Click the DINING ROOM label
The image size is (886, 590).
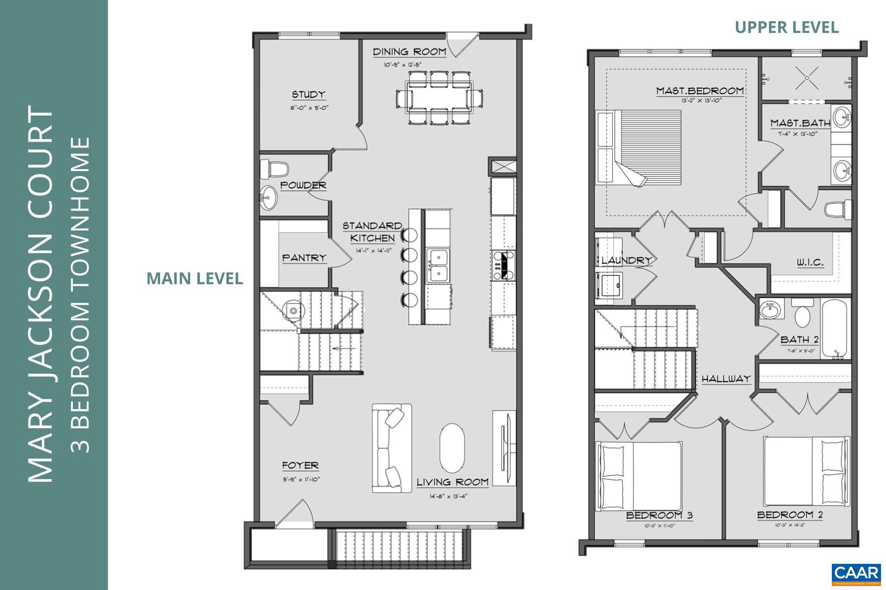pos(409,52)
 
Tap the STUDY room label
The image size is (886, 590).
pos(309,94)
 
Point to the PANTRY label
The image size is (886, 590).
pos(304,258)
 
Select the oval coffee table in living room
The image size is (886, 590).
pos(452,448)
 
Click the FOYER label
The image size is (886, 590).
pos(300,465)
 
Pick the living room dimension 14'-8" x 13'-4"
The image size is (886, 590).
pos(448,496)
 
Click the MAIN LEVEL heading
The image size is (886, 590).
pos(195,278)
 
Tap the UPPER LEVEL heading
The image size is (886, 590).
pos(787,28)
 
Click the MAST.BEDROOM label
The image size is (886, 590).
pos(699,91)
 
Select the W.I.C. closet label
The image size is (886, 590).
pos(810,263)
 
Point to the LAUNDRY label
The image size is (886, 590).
pos(626,260)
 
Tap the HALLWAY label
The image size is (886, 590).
pos(726,379)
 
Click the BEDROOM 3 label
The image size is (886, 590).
pos(659,515)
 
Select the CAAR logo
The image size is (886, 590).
pos(856,573)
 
